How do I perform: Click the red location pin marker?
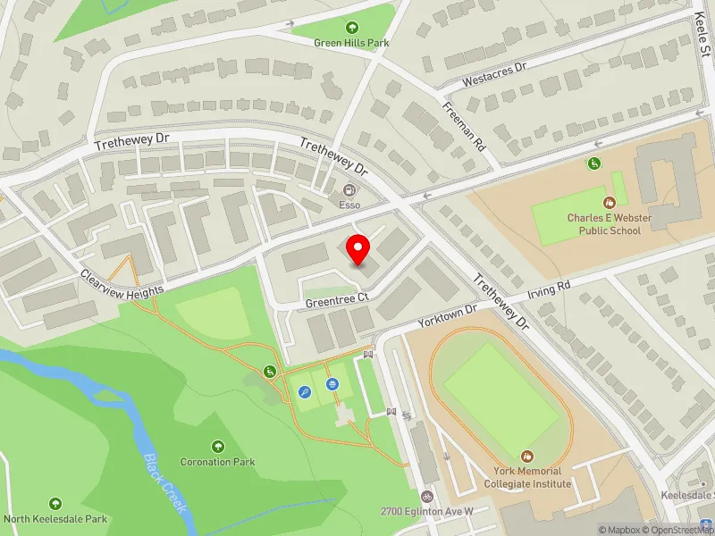pyautogui.click(x=358, y=250)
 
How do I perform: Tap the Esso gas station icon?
pyautogui.click(x=349, y=189)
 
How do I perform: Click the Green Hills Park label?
pyautogui.click(x=351, y=42)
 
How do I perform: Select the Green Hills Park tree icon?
pyautogui.click(x=351, y=28)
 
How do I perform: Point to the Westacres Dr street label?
pyautogui.click(x=494, y=75)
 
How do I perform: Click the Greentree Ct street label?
pyautogui.click(x=337, y=301)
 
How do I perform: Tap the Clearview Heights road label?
pyautogui.click(x=122, y=283)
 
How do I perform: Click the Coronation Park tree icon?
pyautogui.click(x=217, y=446)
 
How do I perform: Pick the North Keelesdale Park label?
pyautogui.click(x=55, y=518)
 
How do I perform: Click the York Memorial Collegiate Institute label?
pyautogui.click(x=527, y=477)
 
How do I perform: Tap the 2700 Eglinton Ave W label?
pyautogui.click(x=426, y=511)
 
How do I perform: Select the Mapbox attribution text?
pyautogui.click(x=620, y=530)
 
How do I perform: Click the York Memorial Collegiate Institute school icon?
pyautogui.click(x=527, y=456)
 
